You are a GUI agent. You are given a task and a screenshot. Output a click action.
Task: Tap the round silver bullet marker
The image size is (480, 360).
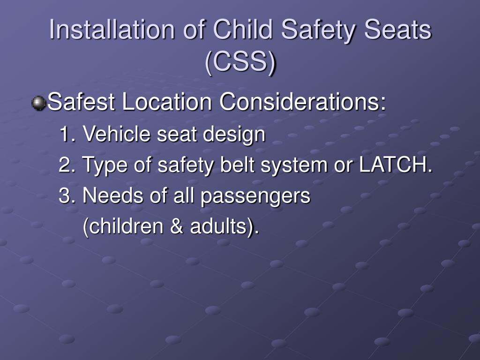click(x=38, y=103)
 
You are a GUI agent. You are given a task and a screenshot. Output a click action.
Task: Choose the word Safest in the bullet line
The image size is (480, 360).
click(x=82, y=102)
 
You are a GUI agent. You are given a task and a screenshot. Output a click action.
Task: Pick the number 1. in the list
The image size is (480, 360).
click(x=67, y=135)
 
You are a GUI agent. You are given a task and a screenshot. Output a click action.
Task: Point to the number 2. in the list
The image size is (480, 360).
click(x=67, y=165)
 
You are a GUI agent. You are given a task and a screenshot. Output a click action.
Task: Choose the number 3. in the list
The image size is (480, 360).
click(x=67, y=196)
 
